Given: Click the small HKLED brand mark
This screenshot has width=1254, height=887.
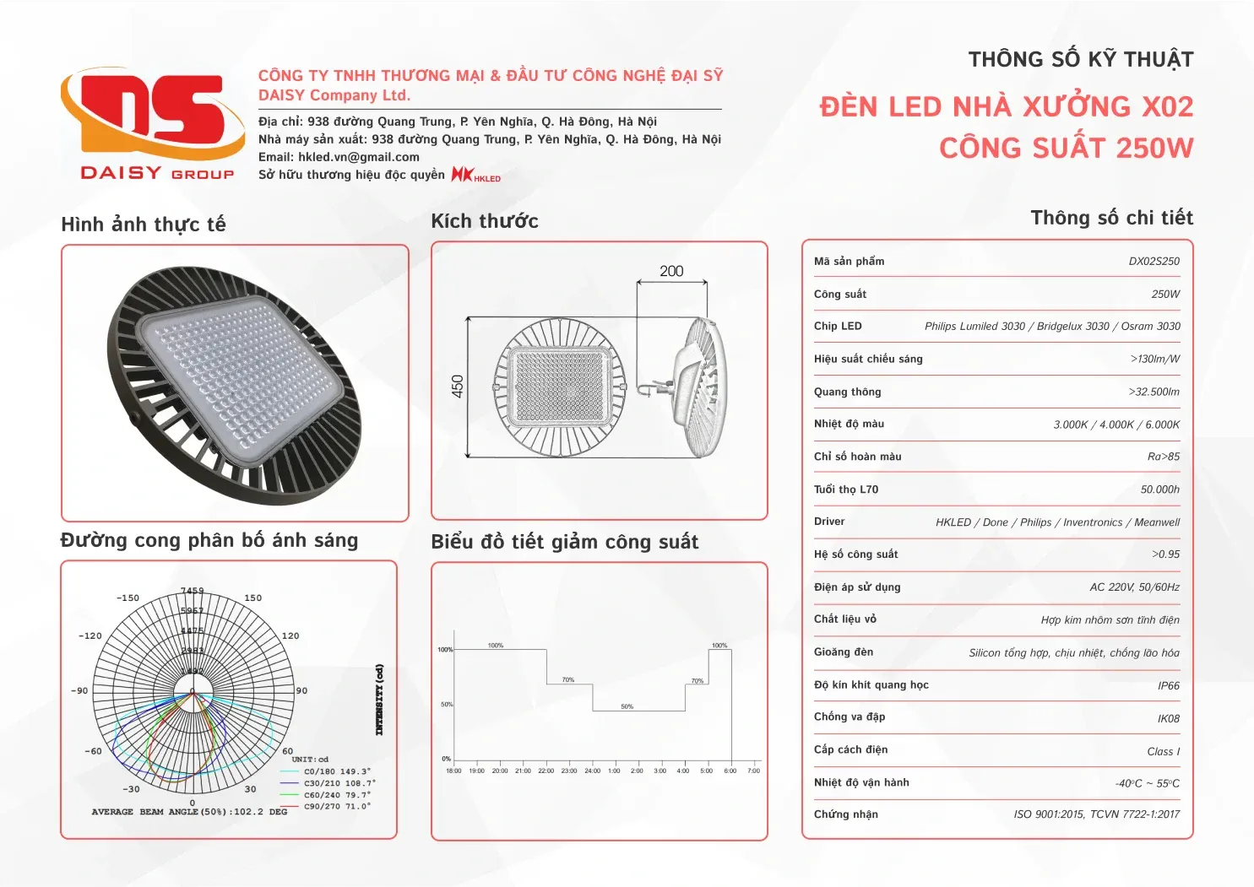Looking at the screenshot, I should coord(476,175).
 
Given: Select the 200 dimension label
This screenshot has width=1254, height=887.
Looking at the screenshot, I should coord(671,271).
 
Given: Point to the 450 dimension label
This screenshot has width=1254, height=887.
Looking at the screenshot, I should coord(458,387).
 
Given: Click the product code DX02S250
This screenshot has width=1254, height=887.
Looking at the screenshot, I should coord(1154,262).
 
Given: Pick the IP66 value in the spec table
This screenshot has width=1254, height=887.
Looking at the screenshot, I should coord(1169,686).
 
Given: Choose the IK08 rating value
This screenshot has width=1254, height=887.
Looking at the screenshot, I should coord(1169,719).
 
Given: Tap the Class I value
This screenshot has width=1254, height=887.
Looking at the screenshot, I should coord(1163,751).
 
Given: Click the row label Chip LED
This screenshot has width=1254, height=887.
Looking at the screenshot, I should coord(838,327).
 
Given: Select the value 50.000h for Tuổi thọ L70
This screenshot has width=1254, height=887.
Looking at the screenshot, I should coord(1159,489).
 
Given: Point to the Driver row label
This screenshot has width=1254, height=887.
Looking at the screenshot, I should coord(829,522).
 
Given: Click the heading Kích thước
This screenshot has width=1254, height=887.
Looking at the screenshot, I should coord(485,221).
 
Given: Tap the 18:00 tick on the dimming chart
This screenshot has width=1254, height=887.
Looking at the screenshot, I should coord(453,771).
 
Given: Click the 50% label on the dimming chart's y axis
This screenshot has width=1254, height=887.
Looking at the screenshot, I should coord(446,704).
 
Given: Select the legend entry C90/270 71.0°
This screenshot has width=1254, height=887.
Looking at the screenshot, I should coord(336,806).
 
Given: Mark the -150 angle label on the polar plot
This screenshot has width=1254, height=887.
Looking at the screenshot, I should coord(128,598).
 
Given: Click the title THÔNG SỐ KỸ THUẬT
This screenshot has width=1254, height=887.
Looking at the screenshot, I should coord(1081,60).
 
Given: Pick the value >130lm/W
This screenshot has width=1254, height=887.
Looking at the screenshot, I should coord(1154,360).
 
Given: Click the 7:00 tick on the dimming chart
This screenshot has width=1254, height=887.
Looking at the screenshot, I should coord(754,771).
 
